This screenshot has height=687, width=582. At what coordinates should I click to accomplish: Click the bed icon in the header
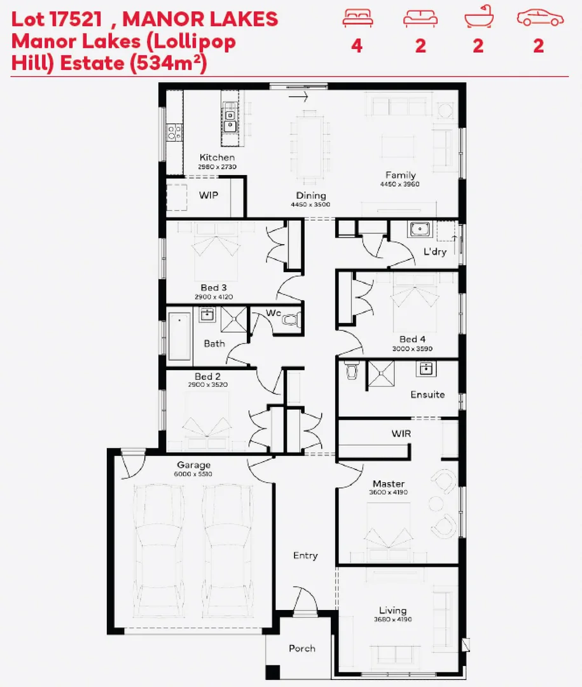coord(357,19)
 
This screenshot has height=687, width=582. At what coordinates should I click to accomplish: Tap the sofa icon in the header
coord(420,19)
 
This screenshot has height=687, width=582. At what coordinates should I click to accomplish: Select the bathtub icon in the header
coord(478,19)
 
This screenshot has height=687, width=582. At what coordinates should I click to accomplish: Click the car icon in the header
coord(540,19)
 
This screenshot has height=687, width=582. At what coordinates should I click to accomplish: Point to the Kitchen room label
coord(217,157)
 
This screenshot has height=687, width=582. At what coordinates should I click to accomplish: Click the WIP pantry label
coord(208,195)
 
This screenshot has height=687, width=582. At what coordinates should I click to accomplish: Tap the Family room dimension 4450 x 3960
coord(401,184)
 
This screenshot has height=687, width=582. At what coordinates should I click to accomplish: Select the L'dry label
coord(435,251)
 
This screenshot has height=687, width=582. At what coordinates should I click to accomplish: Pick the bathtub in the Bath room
coord(179,336)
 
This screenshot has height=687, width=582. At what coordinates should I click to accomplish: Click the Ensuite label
coord(427,394)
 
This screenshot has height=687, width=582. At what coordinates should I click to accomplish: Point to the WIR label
coord(401,433)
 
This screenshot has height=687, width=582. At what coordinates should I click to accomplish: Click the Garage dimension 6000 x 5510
coord(193,474)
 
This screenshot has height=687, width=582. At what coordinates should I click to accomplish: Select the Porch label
coord(301,648)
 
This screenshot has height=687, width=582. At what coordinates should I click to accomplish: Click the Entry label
coord(305,555)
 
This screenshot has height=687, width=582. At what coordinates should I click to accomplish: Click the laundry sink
coord(420,230)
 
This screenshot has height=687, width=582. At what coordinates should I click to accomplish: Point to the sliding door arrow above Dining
coord(298,97)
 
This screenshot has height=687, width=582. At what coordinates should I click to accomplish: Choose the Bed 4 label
coord(412,339)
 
